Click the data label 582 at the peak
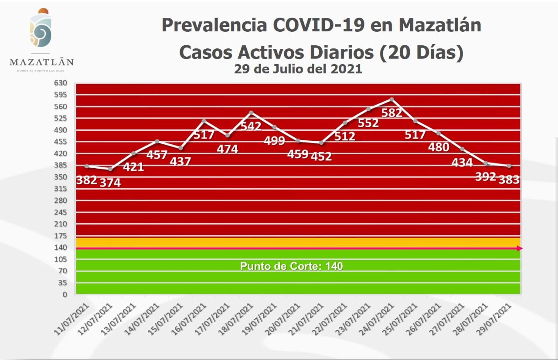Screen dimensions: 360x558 (391, 113)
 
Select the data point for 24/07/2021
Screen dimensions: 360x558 (392, 99)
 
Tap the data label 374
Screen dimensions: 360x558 (110, 183)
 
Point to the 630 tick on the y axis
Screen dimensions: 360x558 (61, 83)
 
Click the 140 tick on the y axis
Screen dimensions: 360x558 (61, 248)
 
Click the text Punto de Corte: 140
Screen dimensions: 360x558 (291, 266)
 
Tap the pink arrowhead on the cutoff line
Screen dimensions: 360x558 (520, 248)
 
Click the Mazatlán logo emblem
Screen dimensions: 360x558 (41, 30)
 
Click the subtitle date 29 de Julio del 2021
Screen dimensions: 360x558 (298, 69)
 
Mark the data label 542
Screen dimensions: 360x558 (251, 126)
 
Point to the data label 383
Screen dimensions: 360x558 (509, 179)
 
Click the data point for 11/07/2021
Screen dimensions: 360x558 (87, 166)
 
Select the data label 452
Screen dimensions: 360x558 (321, 156)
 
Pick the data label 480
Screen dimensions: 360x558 (438, 147)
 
